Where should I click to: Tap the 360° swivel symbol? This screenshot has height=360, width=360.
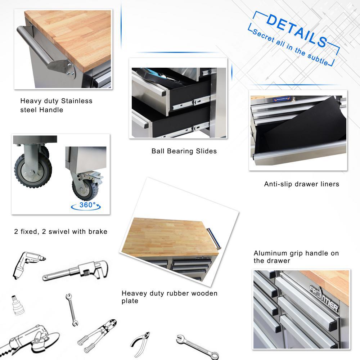[x=86, y=205]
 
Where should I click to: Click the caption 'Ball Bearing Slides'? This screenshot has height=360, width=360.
[x=184, y=151]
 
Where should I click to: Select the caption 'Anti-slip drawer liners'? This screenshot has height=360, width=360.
[x=301, y=184]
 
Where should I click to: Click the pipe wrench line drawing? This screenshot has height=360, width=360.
[x=75, y=271]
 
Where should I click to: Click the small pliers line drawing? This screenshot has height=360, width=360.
[x=140, y=344]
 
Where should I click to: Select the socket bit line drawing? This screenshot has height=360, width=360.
[x=18, y=305]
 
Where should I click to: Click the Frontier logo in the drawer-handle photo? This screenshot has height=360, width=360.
[x=324, y=298]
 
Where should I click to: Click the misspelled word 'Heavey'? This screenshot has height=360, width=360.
[x=134, y=293]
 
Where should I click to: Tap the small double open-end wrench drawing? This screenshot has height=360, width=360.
[x=72, y=310]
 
